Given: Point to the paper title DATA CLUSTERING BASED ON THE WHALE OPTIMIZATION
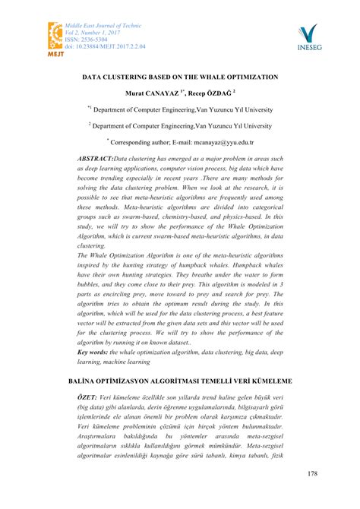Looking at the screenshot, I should (180, 77).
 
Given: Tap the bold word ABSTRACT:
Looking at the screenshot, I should (94, 156).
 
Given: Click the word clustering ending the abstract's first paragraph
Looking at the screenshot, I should (92, 246).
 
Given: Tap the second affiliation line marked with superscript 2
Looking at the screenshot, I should (180, 125).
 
